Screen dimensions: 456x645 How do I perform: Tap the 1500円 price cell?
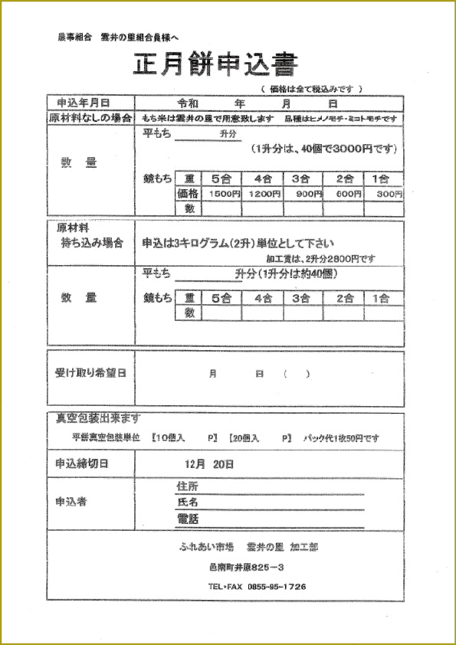pos(222,194)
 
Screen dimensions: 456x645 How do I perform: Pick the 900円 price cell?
pos(303,194)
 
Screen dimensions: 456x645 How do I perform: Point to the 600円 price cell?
pos(343,194)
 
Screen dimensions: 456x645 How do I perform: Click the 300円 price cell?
pos(384,194)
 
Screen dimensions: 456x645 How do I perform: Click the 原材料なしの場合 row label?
pos(89,118)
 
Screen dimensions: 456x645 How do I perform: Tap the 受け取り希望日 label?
pos(90,373)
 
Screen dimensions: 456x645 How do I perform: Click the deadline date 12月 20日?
pos(208,463)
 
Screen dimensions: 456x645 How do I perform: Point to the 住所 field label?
pos(186,487)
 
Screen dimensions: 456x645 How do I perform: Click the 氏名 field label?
pos(186,503)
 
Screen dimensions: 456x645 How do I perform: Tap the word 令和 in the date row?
pos(188,103)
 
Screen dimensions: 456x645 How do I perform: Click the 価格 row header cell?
pos(188,194)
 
